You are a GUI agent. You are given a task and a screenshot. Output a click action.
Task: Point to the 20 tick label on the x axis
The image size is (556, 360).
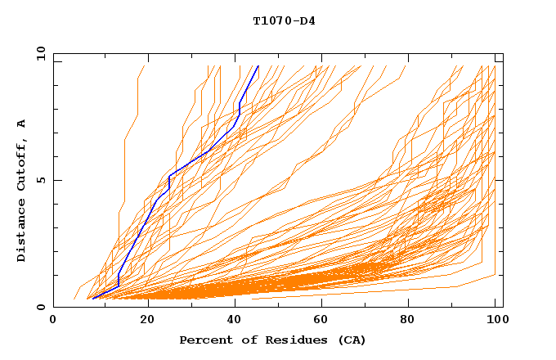tap(148, 320)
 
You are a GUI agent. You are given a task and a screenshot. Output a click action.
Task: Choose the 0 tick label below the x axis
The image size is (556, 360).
tap(53, 320)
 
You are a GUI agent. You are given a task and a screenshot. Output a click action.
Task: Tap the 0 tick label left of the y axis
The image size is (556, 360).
tap(42, 307)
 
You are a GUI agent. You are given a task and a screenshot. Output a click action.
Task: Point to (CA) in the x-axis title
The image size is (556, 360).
tap(352, 340)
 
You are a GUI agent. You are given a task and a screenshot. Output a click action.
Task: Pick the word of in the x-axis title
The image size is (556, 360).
tap(241, 340)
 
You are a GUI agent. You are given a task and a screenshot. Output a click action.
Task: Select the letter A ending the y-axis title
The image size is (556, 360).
tap(22, 123)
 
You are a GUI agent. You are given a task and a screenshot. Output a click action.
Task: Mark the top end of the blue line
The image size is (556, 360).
tap(258, 65)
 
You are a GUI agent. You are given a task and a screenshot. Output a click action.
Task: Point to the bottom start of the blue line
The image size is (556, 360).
tap(92, 299)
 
